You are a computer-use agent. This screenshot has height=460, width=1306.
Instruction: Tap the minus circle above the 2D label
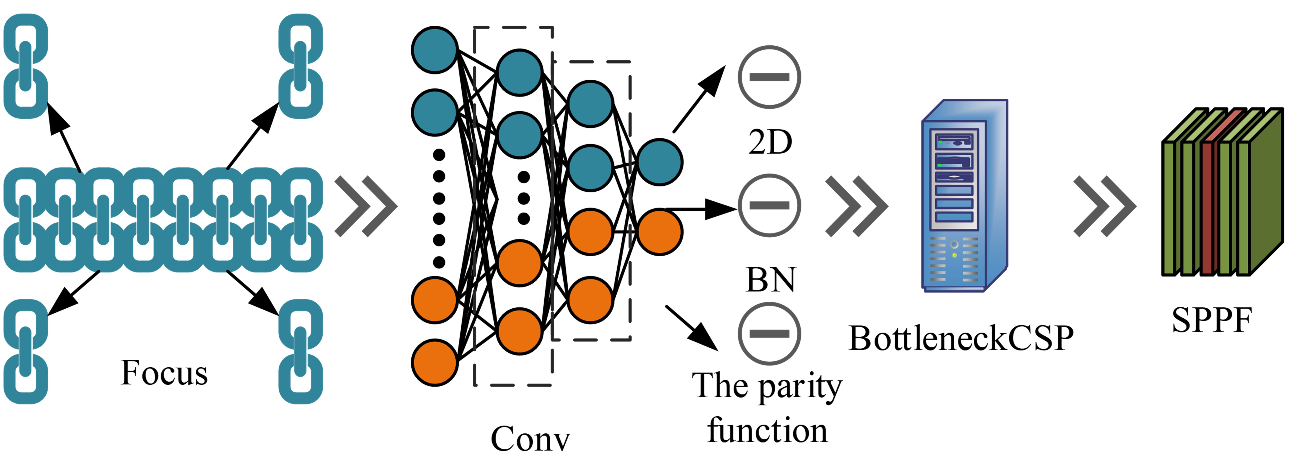[769, 77]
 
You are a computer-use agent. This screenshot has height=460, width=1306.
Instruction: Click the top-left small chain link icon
[25, 66]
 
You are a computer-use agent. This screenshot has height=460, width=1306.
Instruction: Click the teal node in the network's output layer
[660, 162]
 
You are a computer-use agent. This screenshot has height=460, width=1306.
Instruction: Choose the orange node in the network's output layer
[660, 231]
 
